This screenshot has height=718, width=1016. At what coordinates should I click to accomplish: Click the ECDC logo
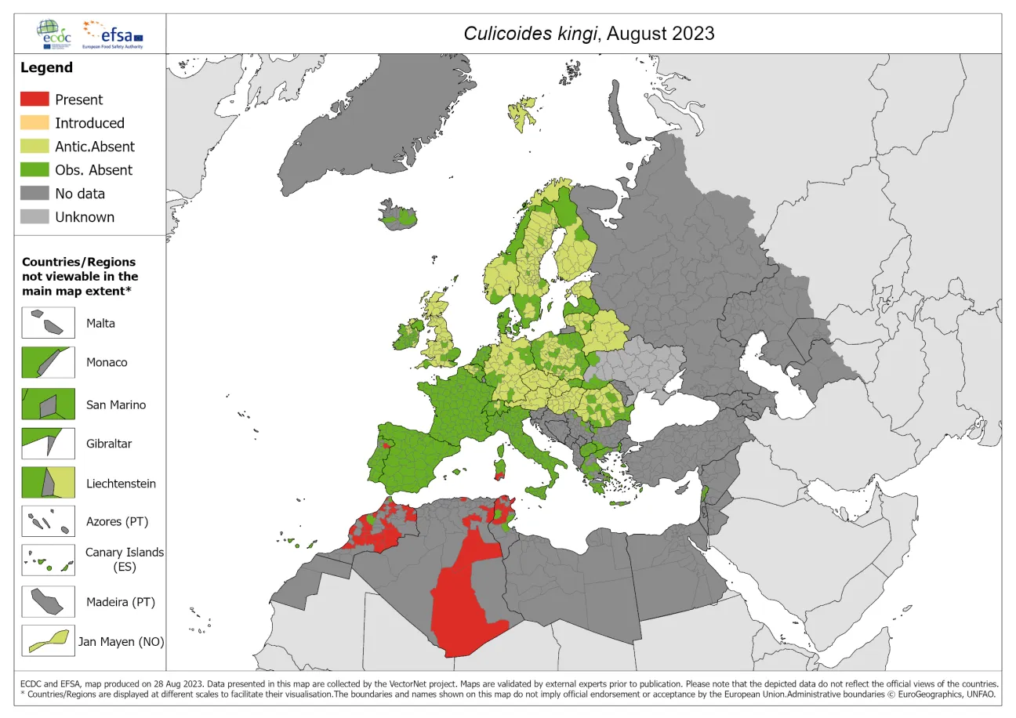click(x=53, y=34)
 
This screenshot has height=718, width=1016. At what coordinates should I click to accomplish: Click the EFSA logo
click(x=115, y=34)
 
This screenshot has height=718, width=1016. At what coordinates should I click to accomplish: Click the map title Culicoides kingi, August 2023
click(x=589, y=33)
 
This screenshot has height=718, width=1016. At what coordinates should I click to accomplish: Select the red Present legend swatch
click(x=34, y=100)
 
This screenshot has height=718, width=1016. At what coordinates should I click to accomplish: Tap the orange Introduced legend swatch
click(x=34, y=123)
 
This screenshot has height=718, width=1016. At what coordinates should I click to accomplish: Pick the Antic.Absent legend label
click(x=94, y=147)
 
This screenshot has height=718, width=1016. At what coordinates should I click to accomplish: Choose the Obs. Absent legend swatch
click(x=34, y=170)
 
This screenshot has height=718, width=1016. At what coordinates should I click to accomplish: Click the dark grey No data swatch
click(x=34, y=194)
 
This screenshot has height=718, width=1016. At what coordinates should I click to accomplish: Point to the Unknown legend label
click(x=84, y=217)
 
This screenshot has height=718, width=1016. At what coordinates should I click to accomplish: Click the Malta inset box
click(x=48, y=323)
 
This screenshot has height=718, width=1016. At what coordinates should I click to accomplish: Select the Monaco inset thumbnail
click(x=48, y=362)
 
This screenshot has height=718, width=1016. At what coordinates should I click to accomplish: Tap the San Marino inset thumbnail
click(x=48, y=404)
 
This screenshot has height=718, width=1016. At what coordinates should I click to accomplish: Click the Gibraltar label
click(x=109, y=444)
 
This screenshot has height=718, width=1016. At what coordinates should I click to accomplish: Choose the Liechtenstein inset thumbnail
click(x=48, y=482)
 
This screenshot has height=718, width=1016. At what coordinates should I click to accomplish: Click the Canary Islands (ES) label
click(x=125, y=559)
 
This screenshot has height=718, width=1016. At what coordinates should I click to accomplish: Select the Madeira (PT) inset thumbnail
click(x=48, y=602)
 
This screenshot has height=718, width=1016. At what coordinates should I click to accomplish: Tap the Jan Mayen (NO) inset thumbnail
click(x=48, y=640)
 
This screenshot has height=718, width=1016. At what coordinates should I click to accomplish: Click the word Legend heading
click(x=46, y=67)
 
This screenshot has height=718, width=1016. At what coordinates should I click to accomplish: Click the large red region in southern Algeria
click(x=463, y=604)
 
